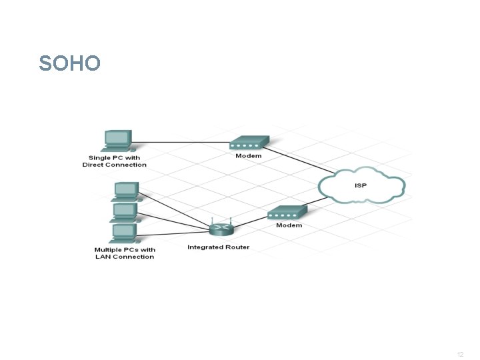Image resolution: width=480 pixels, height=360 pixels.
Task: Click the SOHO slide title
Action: (x=70, y=63)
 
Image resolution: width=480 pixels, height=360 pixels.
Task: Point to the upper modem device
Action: (x=249, y=143)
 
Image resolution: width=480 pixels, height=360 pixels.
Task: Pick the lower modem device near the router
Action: (x=287, y=213)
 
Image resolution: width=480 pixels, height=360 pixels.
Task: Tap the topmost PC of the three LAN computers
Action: (x=124, y=191)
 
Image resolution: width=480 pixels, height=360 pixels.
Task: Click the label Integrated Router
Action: (x=219, y=247)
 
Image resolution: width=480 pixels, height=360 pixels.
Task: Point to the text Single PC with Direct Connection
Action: (x=115, y=161)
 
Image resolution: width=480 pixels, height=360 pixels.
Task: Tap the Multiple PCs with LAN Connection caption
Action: (x=125, y=253)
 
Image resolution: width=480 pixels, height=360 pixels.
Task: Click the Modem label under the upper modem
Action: (x=249, y=156)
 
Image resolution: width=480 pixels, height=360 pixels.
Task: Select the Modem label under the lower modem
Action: (x=289, y=225)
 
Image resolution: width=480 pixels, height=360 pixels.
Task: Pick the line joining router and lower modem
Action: (x=248, y=221)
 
